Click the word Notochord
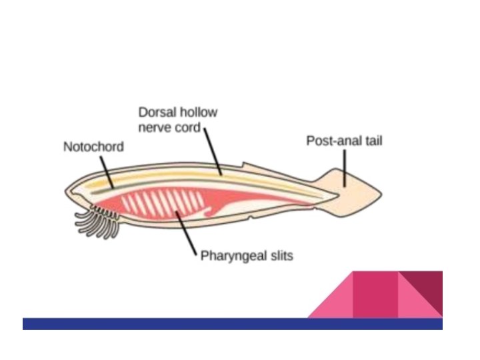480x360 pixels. (93, 147)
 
